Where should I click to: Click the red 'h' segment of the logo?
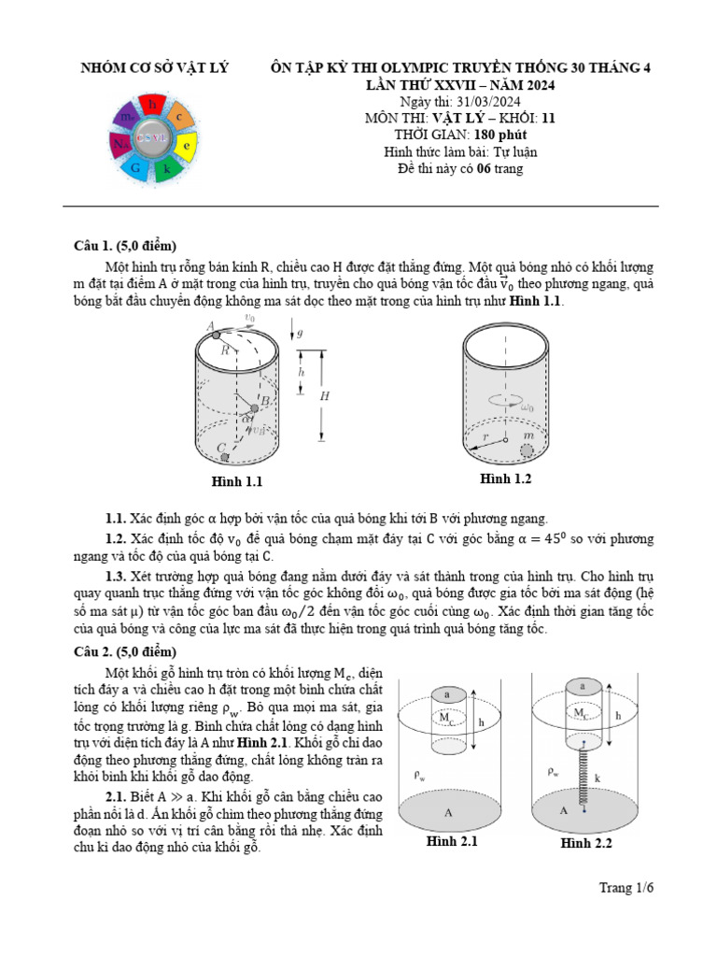(x=151, y=104)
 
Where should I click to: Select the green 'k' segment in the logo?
(x=166, y=169)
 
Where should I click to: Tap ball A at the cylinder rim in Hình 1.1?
(x=217, y=334)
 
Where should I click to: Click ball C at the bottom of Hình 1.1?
(x=224, y=457)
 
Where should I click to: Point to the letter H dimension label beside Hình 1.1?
(x=325, y=395)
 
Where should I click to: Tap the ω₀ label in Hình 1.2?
(x=527, y=408)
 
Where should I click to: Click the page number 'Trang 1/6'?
(x=626, y=888)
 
